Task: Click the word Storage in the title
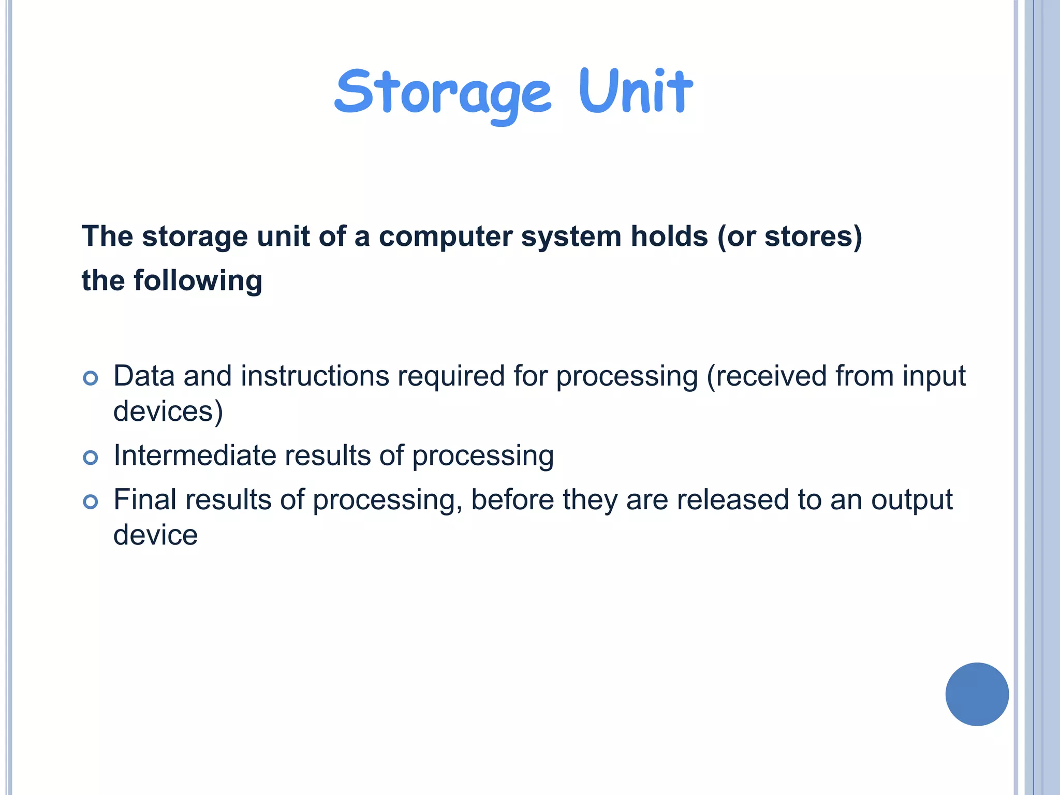443,93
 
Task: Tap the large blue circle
977,694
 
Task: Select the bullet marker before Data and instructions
91,378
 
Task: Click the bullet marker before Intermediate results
91,458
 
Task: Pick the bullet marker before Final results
91,502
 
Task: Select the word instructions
315,376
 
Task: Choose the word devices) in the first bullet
168,411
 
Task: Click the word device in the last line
155,535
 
